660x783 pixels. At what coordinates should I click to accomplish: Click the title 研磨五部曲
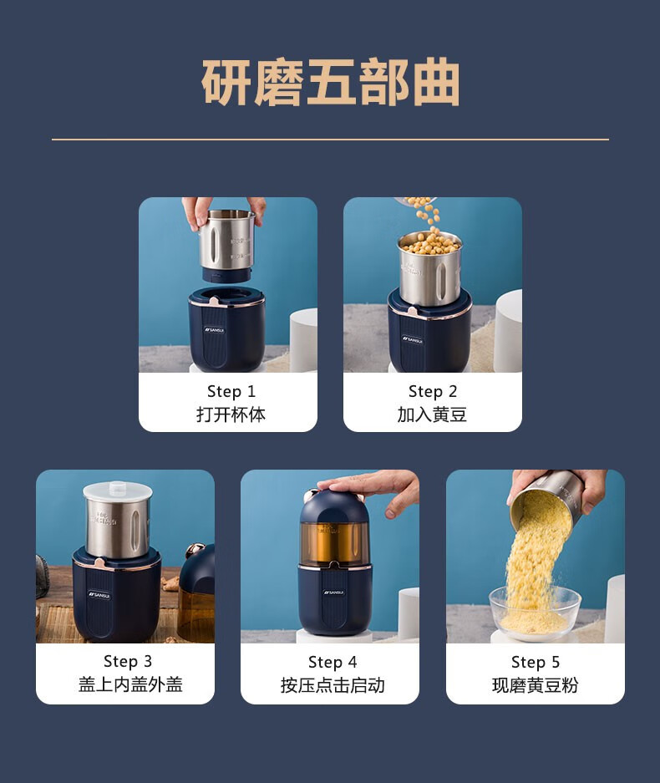coord(330,83)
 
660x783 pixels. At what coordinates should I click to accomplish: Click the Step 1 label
coord(231,391)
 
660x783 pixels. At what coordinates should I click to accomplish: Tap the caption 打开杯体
coord(231,414)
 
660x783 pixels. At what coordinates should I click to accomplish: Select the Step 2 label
coord(433,391)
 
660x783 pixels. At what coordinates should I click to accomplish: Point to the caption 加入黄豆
coord(433,414)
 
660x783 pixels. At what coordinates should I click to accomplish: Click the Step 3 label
coord(128,661)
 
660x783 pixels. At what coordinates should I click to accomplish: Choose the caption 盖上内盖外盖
coord(130,684)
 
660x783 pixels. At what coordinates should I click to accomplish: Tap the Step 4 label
coord(333,662)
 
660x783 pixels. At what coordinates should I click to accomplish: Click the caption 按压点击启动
coord(333,685)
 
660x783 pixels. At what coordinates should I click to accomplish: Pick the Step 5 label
coord(536,662)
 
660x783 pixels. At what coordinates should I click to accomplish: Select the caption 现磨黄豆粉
coord(536,685)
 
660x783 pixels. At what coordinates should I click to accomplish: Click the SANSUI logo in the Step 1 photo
coord(214,330)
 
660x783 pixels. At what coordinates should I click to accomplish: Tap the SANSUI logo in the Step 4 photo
coord(334,592)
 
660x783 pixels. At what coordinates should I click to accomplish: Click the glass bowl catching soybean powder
coord(535,613)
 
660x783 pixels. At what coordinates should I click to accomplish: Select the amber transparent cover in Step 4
coord(334,544)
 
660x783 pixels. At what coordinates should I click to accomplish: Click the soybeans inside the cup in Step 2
coord(430,243)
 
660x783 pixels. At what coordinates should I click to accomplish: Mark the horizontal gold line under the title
coord(330,140)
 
